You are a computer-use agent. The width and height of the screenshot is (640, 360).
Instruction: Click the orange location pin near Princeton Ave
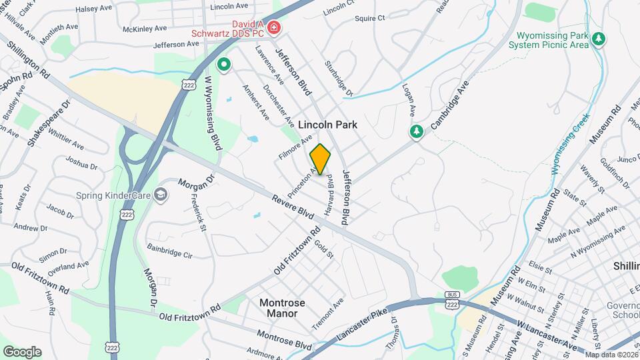[x=321, y=159]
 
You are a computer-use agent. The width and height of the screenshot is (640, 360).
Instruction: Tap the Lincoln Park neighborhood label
[x=327, y=125]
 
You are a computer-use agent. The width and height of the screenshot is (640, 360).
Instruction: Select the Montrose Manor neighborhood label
[x=281, y=307]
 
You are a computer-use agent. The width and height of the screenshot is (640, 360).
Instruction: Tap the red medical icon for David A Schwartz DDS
[x=274, y=28]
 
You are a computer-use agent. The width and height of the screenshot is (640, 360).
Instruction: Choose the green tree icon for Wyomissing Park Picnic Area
[x=599, y=39]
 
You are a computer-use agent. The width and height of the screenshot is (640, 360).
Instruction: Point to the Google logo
[x=22, y=351]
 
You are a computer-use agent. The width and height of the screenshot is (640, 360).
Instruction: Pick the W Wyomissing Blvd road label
[x=213, y=113]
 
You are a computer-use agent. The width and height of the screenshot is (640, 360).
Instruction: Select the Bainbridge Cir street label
[x=169, y=250]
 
